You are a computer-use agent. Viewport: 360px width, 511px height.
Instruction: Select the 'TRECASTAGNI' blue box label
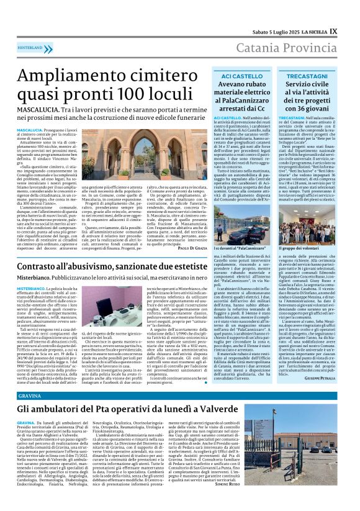[x=325, y=75]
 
